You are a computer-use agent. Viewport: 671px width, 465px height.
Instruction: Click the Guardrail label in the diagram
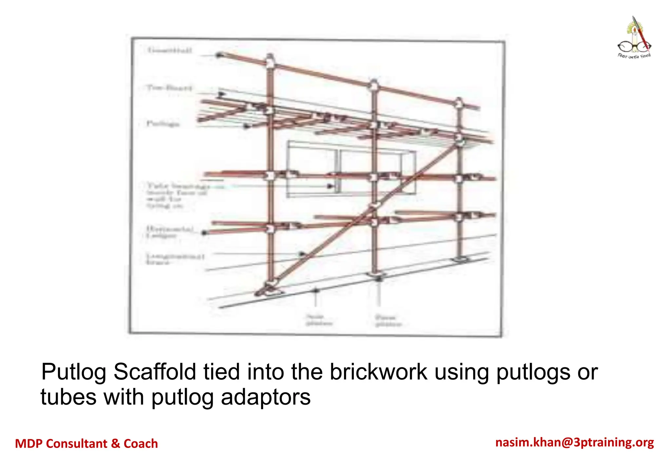169,50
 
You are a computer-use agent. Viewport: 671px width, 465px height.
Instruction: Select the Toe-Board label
169,88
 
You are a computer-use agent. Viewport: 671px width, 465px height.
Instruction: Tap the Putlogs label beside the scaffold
163,124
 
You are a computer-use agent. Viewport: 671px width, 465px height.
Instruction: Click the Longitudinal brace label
175,259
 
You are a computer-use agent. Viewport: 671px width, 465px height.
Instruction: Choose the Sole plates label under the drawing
319,320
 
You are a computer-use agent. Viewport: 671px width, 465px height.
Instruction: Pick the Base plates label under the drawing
388,321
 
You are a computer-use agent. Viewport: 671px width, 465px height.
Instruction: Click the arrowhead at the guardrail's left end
219,55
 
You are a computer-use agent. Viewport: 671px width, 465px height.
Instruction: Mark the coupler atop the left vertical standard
270,61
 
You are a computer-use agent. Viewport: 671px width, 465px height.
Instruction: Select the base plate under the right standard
460,260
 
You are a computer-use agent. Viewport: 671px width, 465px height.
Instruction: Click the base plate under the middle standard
376,274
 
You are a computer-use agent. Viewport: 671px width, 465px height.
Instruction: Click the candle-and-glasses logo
634,38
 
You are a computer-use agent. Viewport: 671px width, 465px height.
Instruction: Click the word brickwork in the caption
378,372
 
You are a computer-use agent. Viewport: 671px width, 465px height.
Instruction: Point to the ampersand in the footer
115,444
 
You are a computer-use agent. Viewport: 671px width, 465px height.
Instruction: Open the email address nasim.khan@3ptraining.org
574,442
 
